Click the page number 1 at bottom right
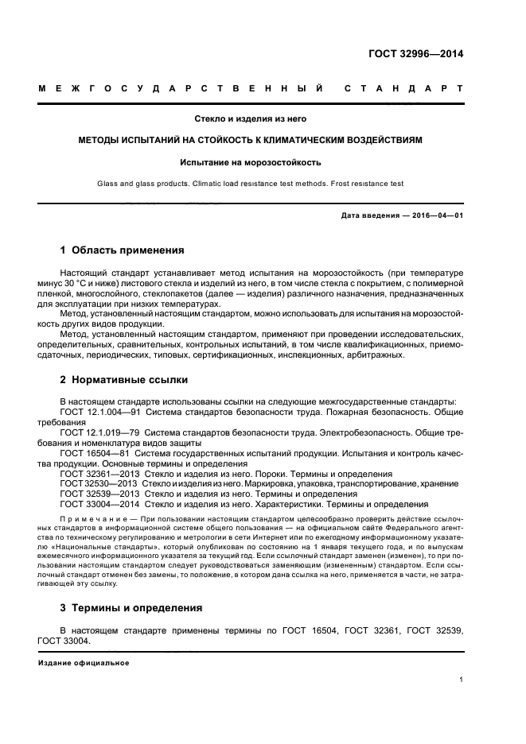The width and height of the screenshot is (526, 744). click(461, 680)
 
